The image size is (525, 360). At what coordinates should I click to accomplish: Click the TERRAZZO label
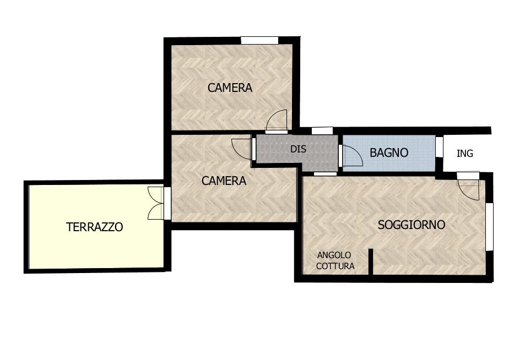point(94,227)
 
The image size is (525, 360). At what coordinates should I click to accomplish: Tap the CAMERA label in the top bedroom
point(230,88)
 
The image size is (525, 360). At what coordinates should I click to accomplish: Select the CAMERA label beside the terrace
point(224,181)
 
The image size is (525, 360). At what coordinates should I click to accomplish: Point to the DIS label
point(298,149)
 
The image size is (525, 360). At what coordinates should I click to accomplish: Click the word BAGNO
point(389,153)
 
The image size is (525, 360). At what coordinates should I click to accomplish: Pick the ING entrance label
point(465,154)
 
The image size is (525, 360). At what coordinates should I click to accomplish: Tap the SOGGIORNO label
point(411,225)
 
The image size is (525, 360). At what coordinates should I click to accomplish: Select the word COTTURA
point(335,266)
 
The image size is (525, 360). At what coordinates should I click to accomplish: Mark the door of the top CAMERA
point(277,122)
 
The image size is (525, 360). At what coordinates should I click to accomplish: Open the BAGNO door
point(351,156)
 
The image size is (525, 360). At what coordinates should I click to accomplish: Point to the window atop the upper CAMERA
point(259,40)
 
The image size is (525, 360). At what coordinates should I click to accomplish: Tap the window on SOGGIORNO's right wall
point(489,226)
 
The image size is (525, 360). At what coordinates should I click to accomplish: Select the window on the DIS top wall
point(322,131)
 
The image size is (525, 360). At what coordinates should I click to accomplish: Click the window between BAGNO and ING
point(439,147)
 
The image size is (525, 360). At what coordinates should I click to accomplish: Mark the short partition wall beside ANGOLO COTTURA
point(371,261)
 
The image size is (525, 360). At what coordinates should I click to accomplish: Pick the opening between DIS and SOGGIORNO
point(325,173)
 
